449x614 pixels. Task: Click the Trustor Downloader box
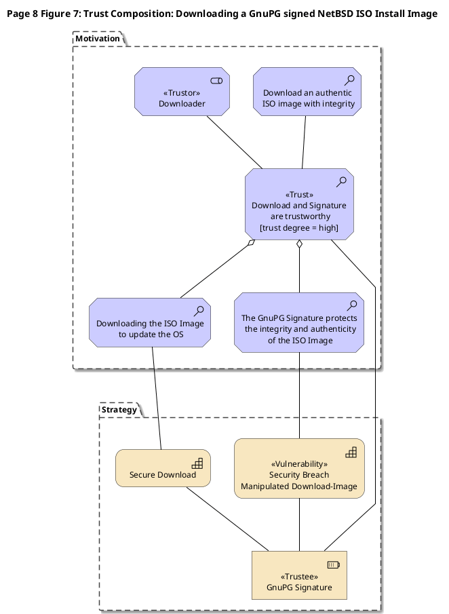pos(182,92)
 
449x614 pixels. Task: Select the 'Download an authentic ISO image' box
pos(307,92)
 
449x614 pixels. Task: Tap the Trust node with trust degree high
pos(300,204)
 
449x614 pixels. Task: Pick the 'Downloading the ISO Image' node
pos(150,323)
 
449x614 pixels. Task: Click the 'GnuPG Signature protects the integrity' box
pos(299,323)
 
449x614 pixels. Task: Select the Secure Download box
pos(163,468)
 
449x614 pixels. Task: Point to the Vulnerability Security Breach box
pos(299,468)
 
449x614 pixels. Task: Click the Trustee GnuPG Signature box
pos(299,575)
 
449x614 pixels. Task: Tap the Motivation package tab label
pos(98,39)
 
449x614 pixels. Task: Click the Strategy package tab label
pos(119,410)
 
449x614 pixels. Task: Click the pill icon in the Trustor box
pos(216,81)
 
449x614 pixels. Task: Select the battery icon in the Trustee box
pos(334,564)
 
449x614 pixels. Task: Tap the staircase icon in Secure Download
pos(197,463)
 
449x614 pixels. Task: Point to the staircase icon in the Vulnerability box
pos(351,453)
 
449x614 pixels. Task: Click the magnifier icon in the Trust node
pos(341,182)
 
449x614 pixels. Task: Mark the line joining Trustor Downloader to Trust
pos(235,142)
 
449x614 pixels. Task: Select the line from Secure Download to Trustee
pos(227,519)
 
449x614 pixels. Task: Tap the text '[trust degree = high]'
pos(299,227)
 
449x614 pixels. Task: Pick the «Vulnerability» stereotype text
pos(299,464)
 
